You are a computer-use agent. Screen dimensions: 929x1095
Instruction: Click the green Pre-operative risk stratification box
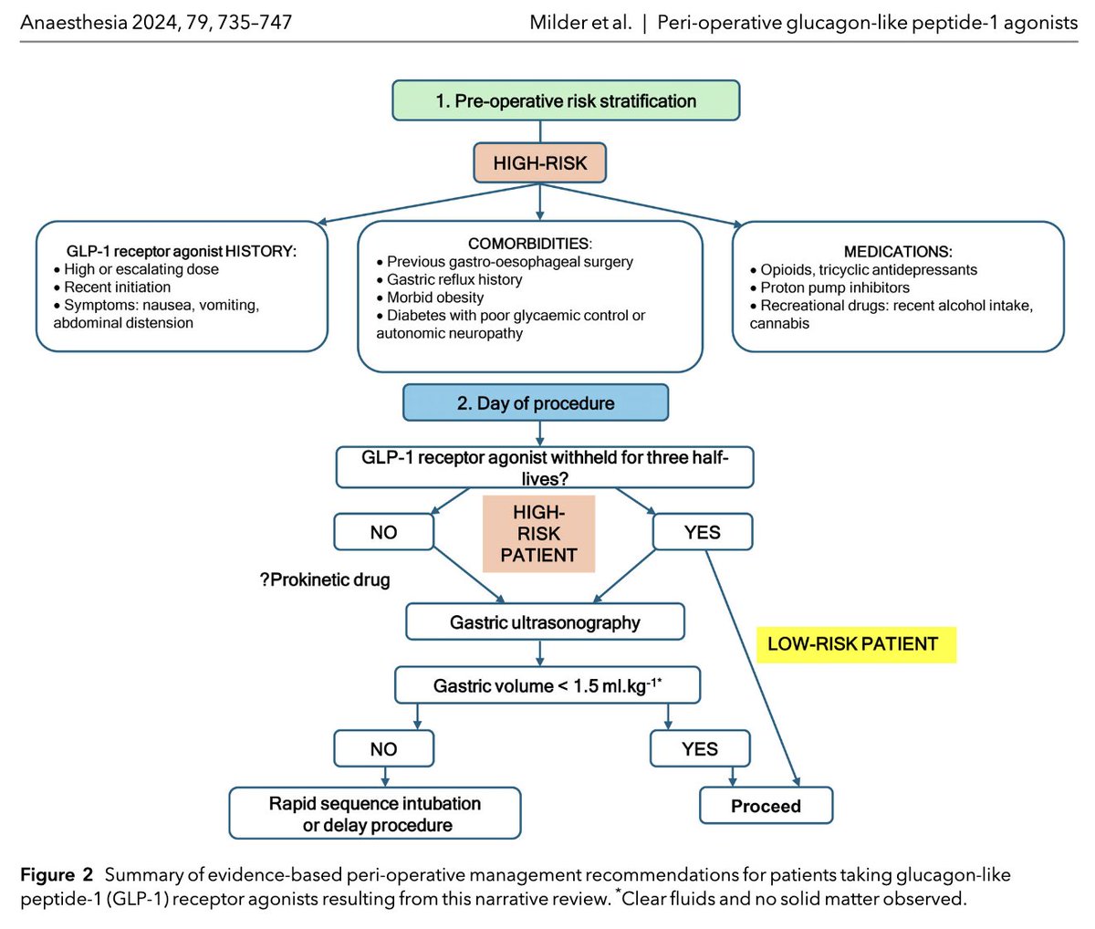pyautogui.click(x=566, y=101)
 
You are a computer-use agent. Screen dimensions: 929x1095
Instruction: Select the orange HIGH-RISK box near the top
pyautogui.click(x=540, y=163)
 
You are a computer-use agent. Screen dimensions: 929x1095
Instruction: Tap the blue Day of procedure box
pyautogui.click(x=536, y=402)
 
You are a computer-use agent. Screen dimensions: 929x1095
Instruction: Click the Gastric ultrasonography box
pyautogui.click(x=545, y=623)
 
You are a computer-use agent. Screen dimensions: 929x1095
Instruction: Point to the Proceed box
pyautogui.click(x=766, y=807)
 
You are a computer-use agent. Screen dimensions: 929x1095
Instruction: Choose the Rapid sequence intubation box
pyautogui.click(x=375, y=814)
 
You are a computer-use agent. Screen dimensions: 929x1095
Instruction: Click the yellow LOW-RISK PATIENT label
pyautogui.click(x=852, y=644)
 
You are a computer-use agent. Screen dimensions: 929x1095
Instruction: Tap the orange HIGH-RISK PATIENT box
pyautogui.click(x=538, y=534)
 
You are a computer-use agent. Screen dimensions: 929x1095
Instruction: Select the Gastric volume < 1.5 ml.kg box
pyautogui.click(x=547, y=685)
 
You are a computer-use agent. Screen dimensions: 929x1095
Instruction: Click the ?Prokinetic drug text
pyautogui.click(x=325, y=580)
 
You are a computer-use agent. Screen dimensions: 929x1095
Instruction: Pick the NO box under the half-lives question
pyautogui.click(x=383, y=532)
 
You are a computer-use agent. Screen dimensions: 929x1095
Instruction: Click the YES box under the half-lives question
pyautogui.click(x=702, y=532)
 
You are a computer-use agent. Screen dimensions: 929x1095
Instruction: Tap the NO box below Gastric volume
pyautogui.click(x=383, y=749)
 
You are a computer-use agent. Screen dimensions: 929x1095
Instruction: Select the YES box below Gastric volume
pyautogui.click(x=699, y=749)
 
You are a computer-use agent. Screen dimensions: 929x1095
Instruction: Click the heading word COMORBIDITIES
pyautogui.click(x=529, y=244)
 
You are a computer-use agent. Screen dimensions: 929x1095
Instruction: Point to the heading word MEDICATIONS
pyautogui.click(x=898, y=252)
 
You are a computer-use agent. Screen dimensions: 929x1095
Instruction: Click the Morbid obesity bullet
pyautogui.click(x=435, y=297)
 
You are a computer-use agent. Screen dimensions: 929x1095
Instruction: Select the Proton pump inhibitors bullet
pyautogui.click(x=835, y=287)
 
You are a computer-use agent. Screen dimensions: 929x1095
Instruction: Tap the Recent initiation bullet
pyautogui.click(x=117, y=287)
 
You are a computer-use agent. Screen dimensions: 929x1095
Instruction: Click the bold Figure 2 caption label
pyautogui.click(x=57, y=876)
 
